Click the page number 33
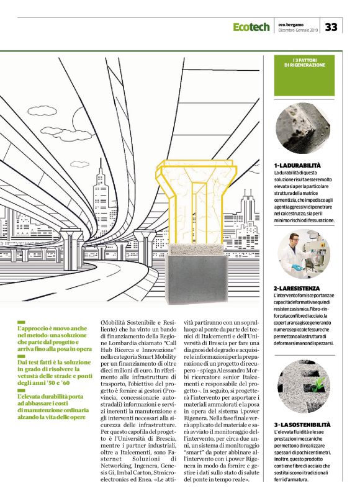331,27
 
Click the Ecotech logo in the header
251,27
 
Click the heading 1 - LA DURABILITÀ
297,165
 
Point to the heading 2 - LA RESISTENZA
297,289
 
